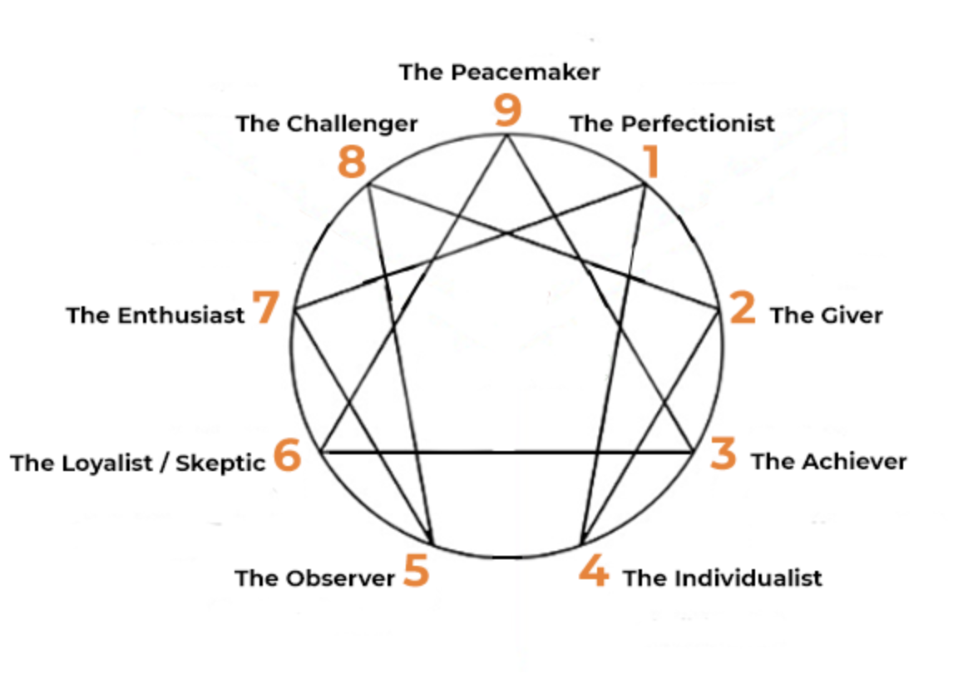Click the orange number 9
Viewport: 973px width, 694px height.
point(506,111)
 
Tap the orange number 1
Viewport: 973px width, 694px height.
point(651,161)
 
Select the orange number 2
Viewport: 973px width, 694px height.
point(742,308)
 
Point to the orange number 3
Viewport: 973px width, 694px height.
point(724,454)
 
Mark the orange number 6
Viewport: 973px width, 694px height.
point(286,456)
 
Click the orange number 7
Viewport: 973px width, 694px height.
point(266,308)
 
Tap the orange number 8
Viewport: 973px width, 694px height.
point(352,161)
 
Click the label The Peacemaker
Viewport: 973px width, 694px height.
point(499,72)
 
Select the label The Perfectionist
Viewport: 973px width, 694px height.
point(672,124)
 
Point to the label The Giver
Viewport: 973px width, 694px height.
point(826,315)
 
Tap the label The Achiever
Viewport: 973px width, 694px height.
point(828,462)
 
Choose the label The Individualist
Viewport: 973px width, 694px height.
point(722,578)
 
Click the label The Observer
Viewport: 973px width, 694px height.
point(314,578)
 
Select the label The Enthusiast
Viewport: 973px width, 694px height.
point(156,316)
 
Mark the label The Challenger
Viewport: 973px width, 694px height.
point(326,124)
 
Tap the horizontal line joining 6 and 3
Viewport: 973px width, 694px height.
point(507,452)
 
